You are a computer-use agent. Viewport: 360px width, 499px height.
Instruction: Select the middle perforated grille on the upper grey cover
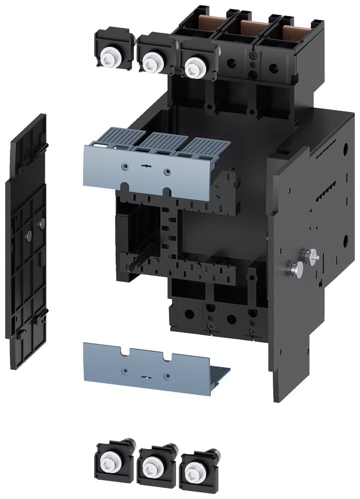click(x=160, y=142)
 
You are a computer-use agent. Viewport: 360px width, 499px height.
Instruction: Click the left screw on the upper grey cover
click(x=125, y=165)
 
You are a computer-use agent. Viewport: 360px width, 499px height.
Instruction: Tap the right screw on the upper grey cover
click(x=167, y=172)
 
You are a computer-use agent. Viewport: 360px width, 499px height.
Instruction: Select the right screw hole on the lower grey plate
click(x=168, y=376)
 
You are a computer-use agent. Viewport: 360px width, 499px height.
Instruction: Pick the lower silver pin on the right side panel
click(x=296, y=269)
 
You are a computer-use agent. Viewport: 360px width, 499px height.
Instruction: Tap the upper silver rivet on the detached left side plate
click(x=42, y=221)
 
